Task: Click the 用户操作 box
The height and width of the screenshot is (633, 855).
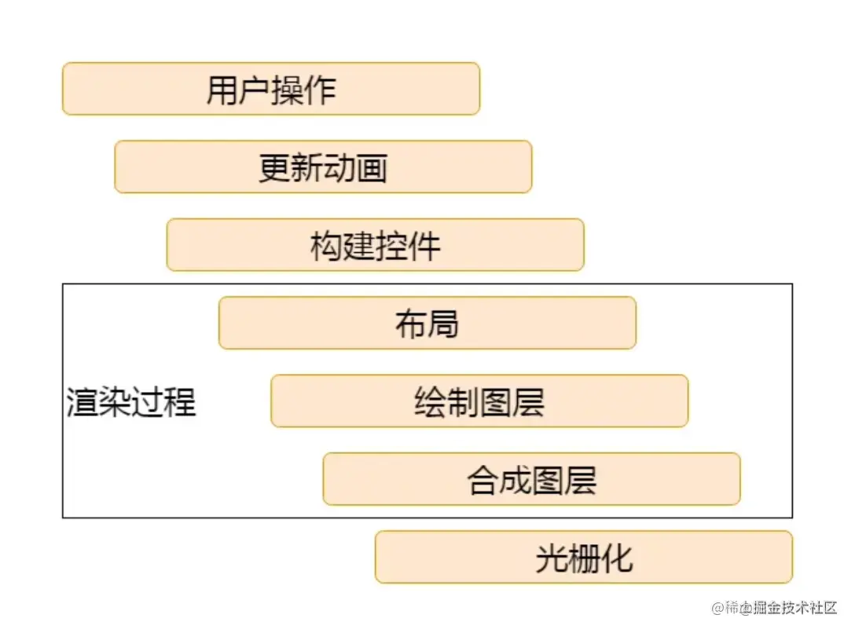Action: [270, 89]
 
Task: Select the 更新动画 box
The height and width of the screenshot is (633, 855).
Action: [323, 166]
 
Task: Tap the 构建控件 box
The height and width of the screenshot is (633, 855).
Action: [375, 244]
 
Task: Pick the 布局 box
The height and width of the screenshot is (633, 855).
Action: [427, 323]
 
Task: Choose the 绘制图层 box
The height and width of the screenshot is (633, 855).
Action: [479, 401]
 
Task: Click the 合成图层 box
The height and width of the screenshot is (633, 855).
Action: [531, 478]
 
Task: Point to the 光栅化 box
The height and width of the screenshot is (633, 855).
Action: [583, 557]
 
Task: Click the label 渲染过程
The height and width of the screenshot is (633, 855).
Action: [130, 403]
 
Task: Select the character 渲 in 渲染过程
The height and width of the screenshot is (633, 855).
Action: [82, 404]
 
